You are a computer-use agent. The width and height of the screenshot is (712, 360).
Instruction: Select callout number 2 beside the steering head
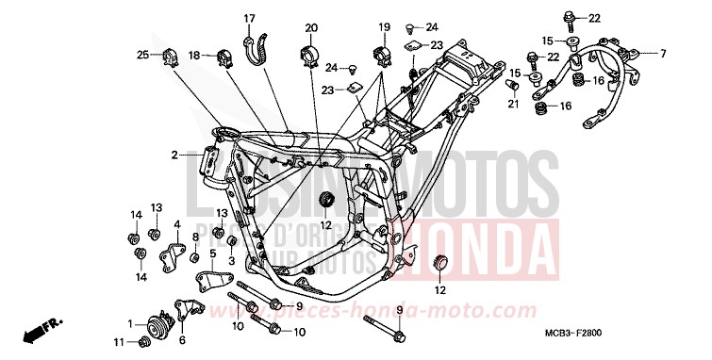(x=174, y=155)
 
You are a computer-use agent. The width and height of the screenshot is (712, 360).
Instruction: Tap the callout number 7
(x=663, y=53)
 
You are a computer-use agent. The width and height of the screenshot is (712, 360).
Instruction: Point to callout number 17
(x=250, y=19)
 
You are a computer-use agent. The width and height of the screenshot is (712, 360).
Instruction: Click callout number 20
(x=311, y=27)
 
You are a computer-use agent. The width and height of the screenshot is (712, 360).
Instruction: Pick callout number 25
(x=141, y=56)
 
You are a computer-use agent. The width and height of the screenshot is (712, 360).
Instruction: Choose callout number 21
(x=512, y=105)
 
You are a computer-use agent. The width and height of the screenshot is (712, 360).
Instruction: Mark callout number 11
(x=120, y=340)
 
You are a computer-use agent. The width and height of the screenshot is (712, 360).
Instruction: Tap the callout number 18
(x=193, y=56)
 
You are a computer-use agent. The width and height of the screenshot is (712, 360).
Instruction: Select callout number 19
(x=385, y=26)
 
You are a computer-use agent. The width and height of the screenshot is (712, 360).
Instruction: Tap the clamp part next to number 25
(x=171, y=56)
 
